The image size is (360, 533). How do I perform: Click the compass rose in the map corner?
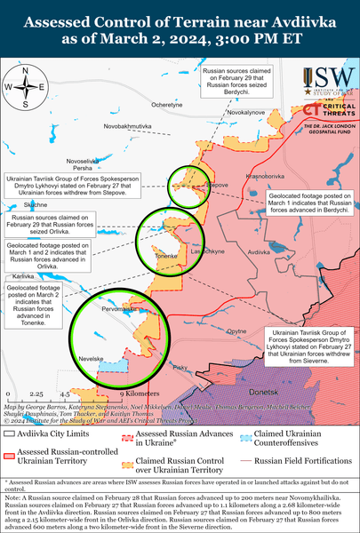25,87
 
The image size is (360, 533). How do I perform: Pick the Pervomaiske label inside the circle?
120,307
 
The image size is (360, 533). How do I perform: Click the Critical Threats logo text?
331,108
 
